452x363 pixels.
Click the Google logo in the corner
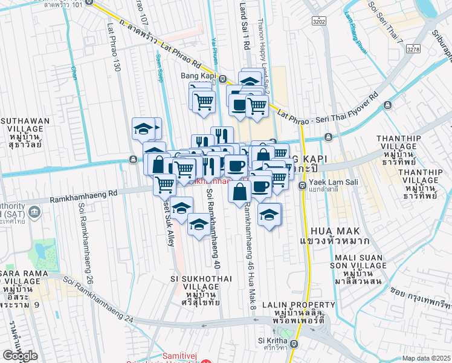20,356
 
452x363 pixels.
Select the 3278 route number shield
413,48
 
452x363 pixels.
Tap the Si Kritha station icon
294,344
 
